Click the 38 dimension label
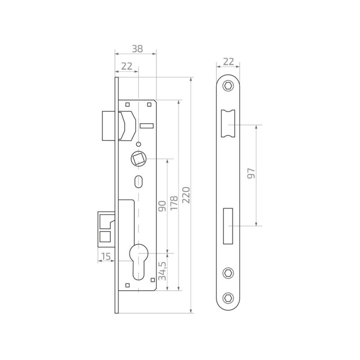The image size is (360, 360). click(137, 49)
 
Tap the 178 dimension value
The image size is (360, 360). click(174, 203)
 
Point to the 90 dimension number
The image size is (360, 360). click(162, 206)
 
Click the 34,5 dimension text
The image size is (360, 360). click(162, 271)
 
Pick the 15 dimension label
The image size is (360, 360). click(106, 256)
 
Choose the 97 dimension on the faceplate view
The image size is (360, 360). click(251, 173)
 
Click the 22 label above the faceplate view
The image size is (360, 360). click(229, 62)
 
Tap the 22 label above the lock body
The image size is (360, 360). click(127, 66)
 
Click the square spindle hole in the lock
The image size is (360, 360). click(139, 159)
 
